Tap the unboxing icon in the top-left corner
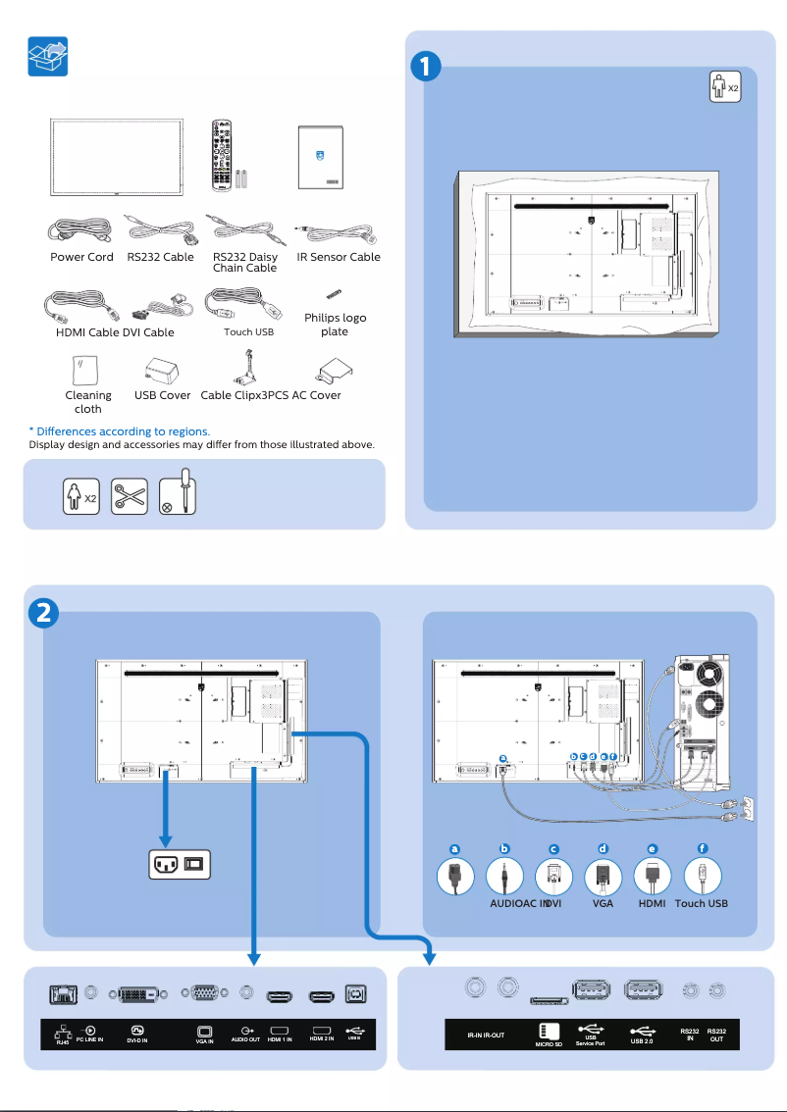47,57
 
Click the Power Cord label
81,257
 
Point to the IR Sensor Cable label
339,257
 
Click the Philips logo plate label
335,325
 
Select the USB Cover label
162,395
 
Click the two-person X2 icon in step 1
724,87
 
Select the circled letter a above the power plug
454,848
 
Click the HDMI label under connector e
653,903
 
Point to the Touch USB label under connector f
702,903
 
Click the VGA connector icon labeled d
603,876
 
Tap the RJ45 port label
63,1039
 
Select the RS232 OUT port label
716,1035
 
